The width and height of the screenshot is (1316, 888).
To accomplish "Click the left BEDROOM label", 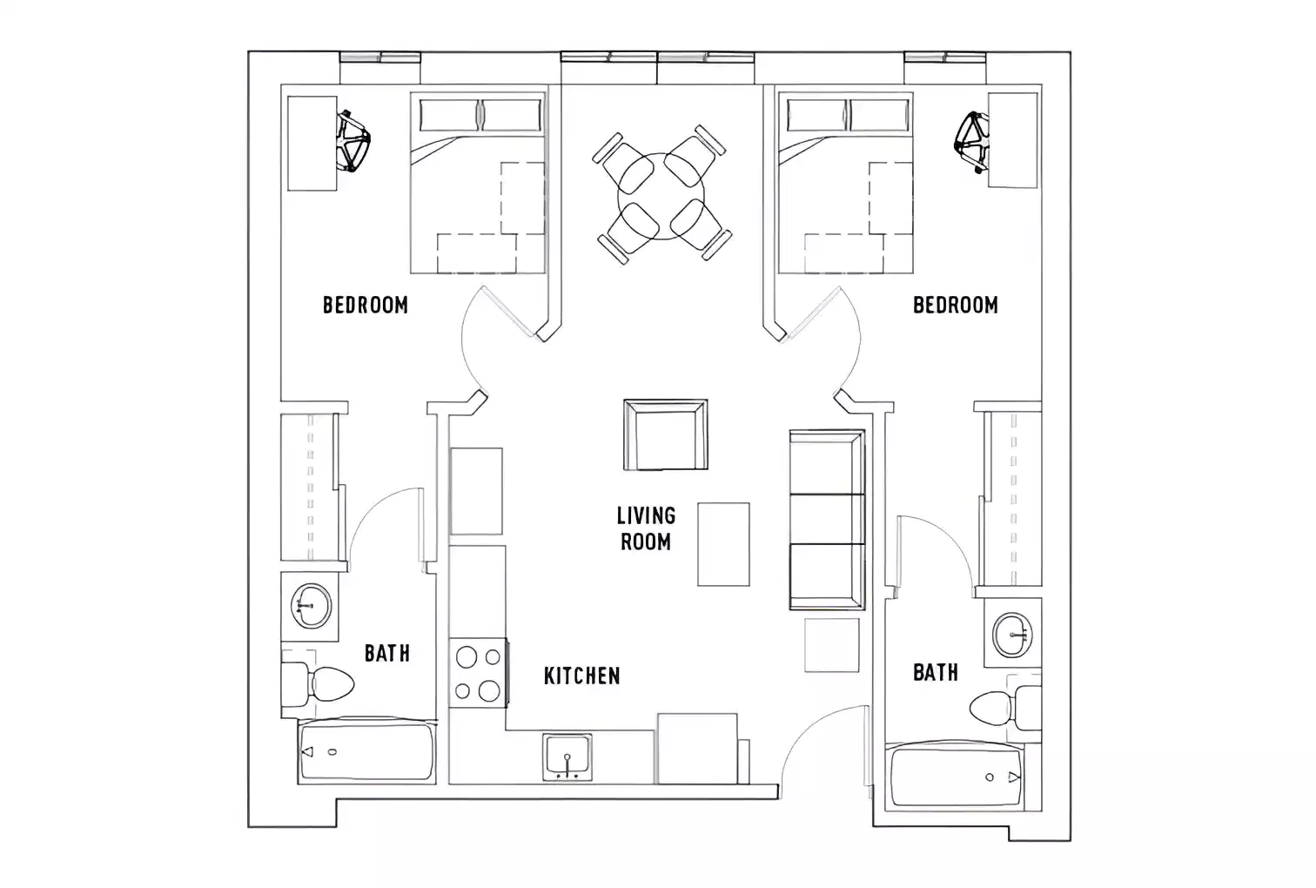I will click(365, 305).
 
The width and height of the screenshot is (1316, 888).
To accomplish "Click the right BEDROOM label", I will click(955, 305).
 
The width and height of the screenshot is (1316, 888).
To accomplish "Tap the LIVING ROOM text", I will click(646, 528).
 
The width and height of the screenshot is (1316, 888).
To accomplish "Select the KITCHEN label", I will click(581, 676).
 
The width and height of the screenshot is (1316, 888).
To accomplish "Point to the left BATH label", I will click(386, 653).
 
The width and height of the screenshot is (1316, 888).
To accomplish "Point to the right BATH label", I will click(935, 672).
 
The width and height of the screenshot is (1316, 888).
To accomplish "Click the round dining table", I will click(661, 196).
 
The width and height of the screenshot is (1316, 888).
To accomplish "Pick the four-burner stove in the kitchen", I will click(478, 673).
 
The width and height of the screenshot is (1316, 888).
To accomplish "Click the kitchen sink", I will click(567, 756).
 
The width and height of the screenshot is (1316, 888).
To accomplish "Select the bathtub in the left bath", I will click(366, 752).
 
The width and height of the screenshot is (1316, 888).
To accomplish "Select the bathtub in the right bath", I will click(957, 777).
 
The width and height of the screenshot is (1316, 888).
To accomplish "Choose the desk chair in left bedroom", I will click(354, 140).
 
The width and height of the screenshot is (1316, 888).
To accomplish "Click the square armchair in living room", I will click(665, 434).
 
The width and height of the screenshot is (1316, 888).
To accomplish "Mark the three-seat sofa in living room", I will click(826, 519).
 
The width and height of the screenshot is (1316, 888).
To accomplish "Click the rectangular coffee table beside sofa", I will click(723, 544).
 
